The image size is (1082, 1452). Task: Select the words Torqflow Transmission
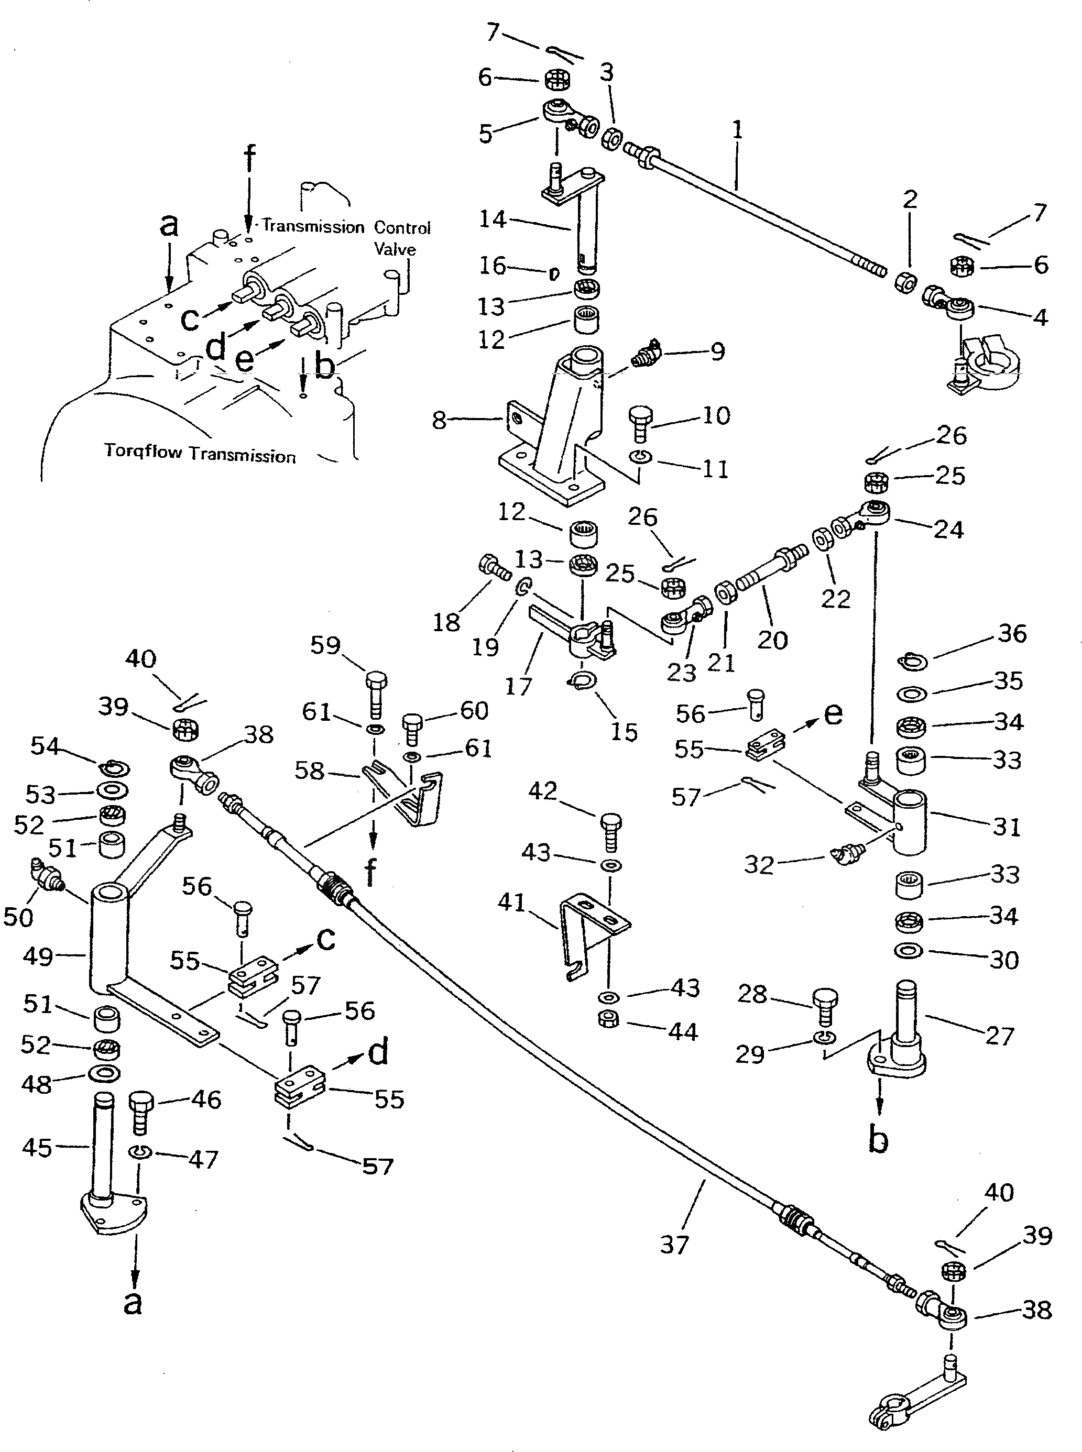(200, 453)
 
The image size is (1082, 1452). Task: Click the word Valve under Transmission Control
(395, 249)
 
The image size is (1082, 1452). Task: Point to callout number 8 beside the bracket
(440, 420)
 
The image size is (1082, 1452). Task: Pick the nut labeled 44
(609, 1019)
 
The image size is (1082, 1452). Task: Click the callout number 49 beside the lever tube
(38, 956)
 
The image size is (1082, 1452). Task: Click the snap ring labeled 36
(913, 663)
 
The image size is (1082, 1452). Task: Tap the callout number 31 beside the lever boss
(1007, 827)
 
